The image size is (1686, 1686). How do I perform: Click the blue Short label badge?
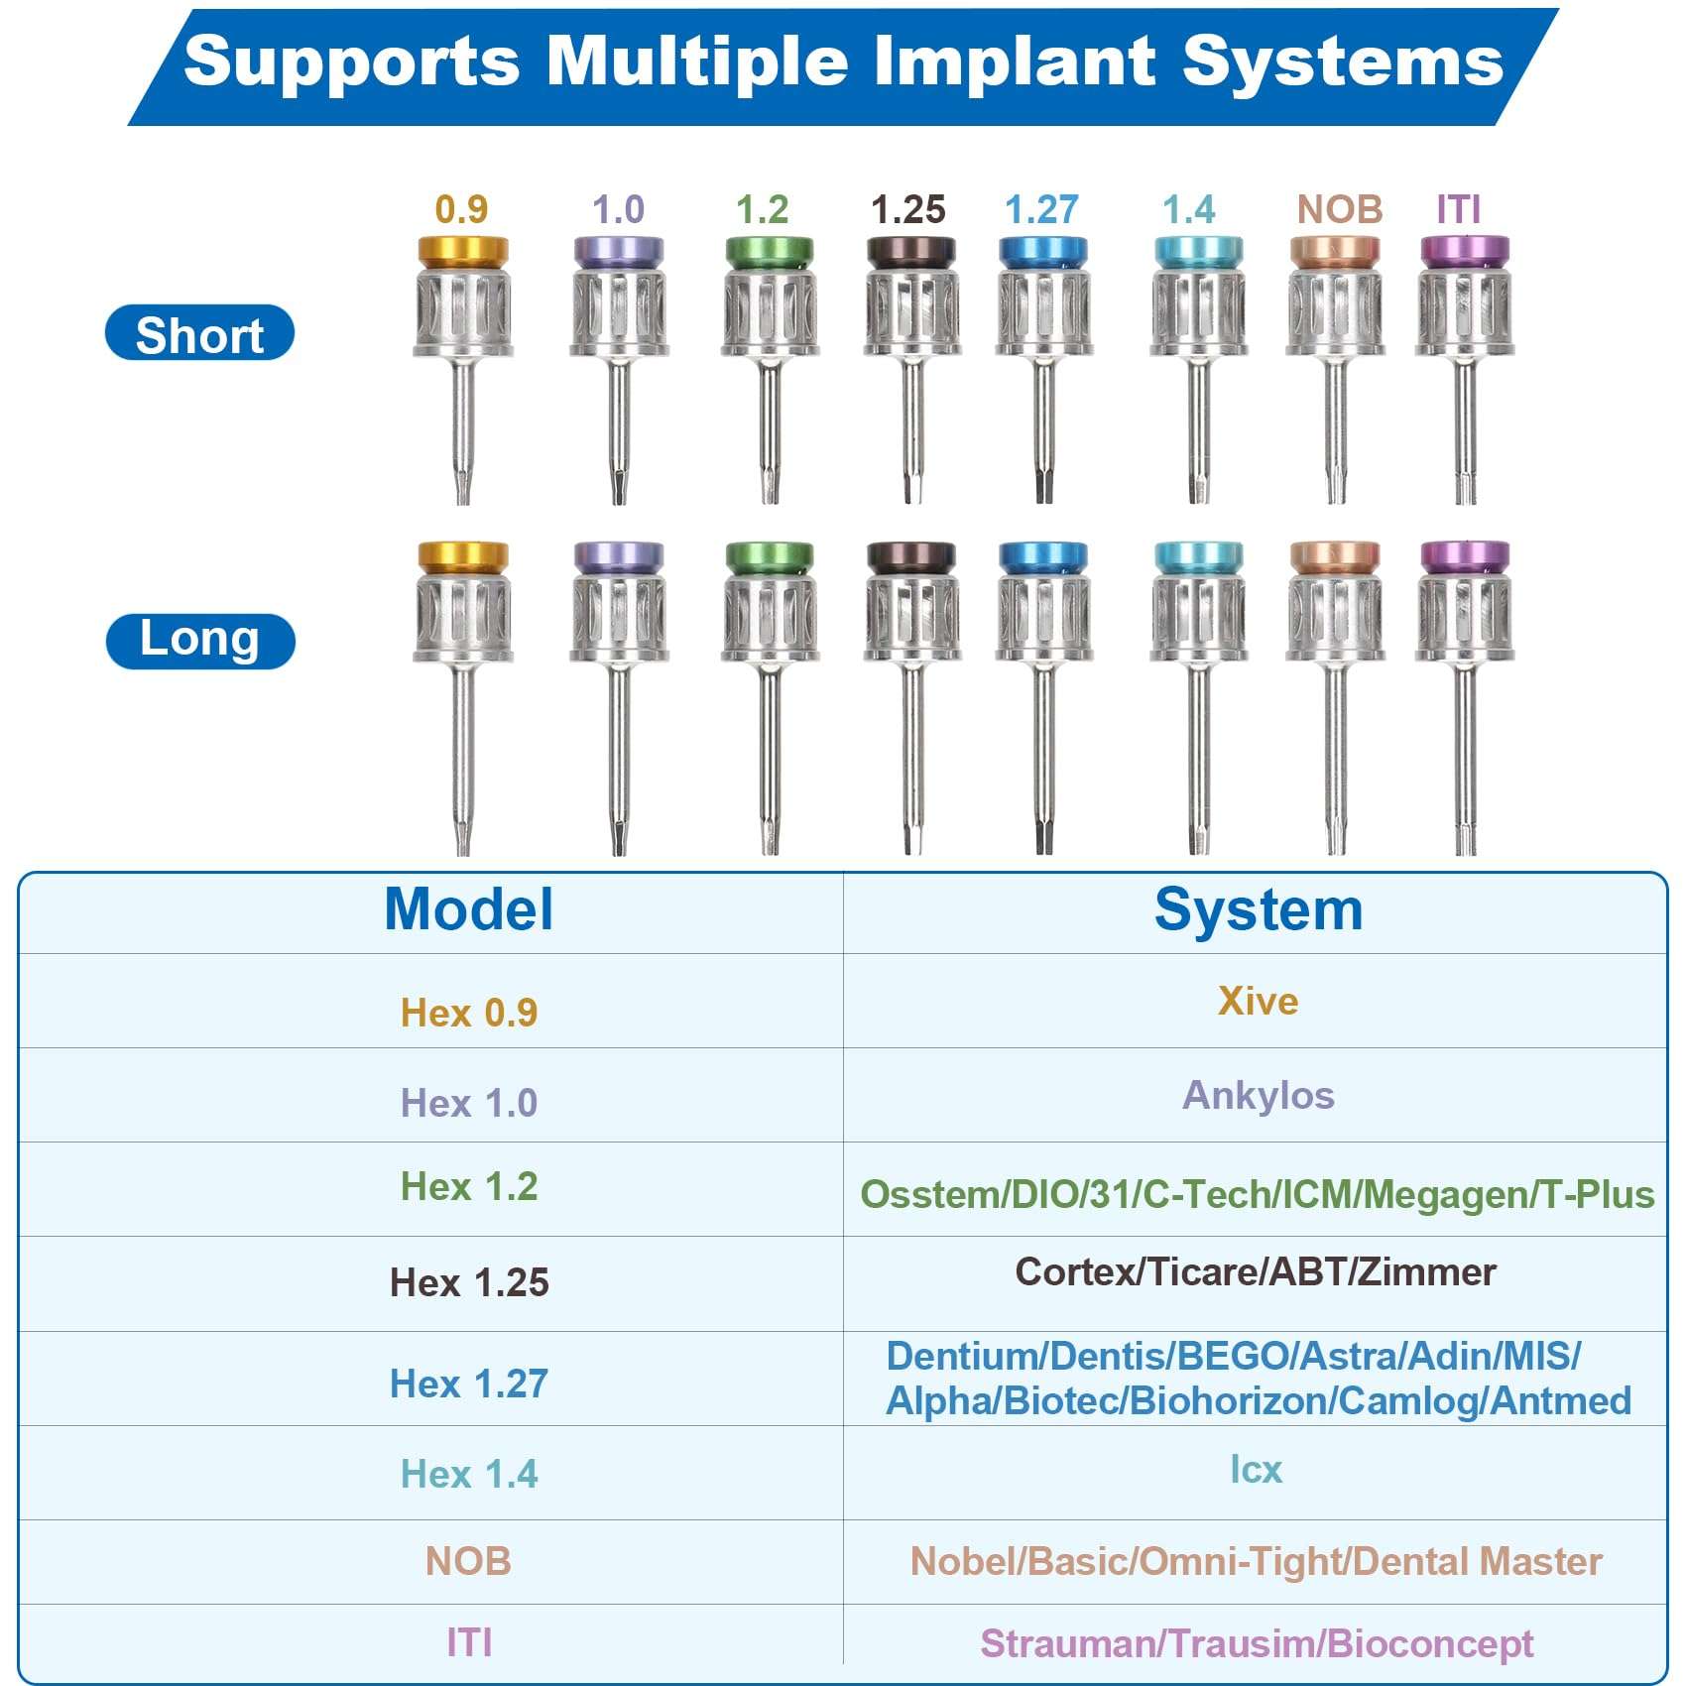199,333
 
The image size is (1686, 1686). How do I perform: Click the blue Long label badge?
200,641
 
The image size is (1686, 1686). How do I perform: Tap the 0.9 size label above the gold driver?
461,210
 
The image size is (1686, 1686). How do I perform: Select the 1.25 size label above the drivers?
907,210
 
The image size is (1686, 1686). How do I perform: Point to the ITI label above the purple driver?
1458,210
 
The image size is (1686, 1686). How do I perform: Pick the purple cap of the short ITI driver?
1465,251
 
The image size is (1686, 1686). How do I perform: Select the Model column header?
468,909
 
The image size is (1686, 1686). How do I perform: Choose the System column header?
1258,909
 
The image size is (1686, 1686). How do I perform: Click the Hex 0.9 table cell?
468,1013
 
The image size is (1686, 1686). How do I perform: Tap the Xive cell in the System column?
1258,1001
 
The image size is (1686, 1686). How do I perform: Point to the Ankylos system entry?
1258,1095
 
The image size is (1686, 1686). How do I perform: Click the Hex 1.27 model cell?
468,1384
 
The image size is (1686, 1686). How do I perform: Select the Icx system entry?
1256,1470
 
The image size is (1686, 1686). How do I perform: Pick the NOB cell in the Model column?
468,1562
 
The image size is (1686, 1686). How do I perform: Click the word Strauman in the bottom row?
1068,1644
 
